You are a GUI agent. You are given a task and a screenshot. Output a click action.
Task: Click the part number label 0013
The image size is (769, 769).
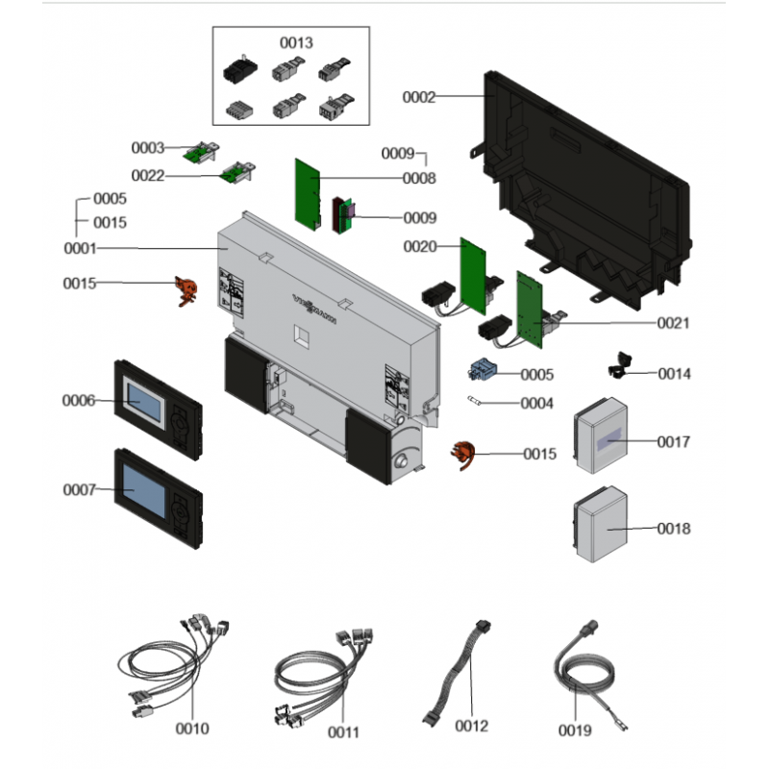(296, 43)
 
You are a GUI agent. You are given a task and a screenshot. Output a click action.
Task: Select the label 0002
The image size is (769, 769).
(418, 97)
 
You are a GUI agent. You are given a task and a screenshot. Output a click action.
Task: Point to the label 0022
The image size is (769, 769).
(148, 176)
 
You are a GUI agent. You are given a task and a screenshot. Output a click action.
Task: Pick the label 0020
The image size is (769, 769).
(420, 247)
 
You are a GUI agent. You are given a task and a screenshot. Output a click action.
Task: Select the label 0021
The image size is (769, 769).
(674, 324)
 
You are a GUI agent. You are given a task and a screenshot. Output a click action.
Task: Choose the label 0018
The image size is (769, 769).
(674, 529)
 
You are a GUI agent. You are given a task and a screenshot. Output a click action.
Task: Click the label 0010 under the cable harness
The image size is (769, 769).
(192, 730)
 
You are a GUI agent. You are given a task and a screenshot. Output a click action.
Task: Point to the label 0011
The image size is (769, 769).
(343, 732)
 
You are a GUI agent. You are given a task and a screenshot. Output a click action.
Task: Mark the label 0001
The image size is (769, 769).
(80, 248)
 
